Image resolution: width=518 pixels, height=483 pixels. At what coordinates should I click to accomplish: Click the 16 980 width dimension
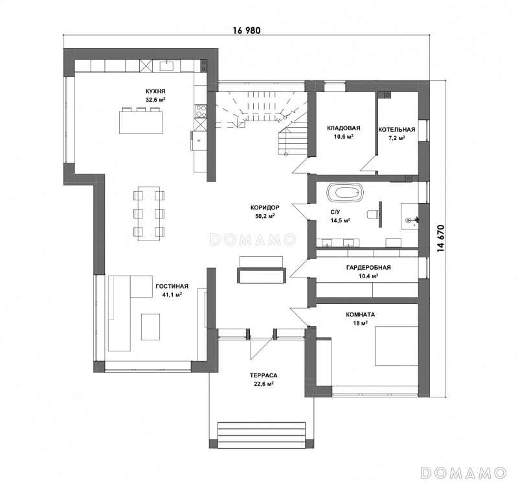(247, 30)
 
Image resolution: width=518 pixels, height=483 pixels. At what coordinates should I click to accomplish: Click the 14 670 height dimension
(441, 239)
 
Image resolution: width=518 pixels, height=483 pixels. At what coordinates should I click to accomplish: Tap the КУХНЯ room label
(155, 91)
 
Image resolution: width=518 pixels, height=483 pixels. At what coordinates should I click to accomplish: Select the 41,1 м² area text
(172, 294)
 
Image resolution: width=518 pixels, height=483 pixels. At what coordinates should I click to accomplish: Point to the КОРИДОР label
(265, 207)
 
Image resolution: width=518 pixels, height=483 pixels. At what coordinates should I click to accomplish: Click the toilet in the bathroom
(374, 214)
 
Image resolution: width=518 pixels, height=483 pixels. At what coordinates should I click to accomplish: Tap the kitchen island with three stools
(141, 120)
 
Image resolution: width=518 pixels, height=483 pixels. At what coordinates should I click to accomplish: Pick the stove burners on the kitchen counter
(200, 111)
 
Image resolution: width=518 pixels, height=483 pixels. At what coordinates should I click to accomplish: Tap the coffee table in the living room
(151, 327)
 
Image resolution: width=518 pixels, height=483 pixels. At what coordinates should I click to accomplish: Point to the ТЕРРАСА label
(264, 375)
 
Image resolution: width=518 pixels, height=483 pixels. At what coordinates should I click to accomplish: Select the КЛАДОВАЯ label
(344, 128)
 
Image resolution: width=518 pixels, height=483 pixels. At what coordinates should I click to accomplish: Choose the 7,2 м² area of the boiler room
(397, 137)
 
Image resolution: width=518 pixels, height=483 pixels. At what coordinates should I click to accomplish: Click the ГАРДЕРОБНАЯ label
(368, 267)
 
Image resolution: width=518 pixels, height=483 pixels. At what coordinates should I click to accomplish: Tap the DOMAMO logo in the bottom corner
(463, 473)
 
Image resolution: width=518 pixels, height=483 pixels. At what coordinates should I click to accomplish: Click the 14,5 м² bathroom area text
(341, 220)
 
